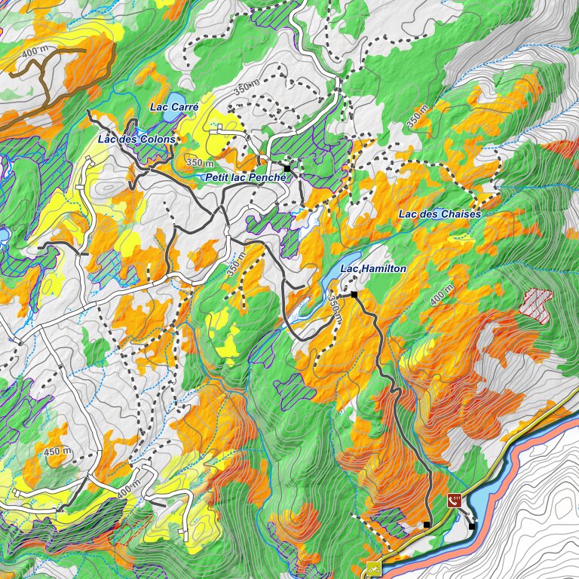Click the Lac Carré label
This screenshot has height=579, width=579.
click(173, 107)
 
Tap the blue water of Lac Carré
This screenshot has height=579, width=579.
click(176, 99)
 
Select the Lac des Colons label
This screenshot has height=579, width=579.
click(136, 139)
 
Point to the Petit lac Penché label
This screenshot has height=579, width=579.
click(247, 176)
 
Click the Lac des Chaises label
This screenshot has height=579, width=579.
click(440, 214)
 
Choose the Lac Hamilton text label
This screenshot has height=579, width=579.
click(373, 269)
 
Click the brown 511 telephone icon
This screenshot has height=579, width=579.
click(455, 499)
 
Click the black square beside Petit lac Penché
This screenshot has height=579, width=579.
click(286, 167)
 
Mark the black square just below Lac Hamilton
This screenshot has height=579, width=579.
click(354, 294)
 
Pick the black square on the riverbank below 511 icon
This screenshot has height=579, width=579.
click(472, 525)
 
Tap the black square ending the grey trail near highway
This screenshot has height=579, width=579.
click(426, 524)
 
